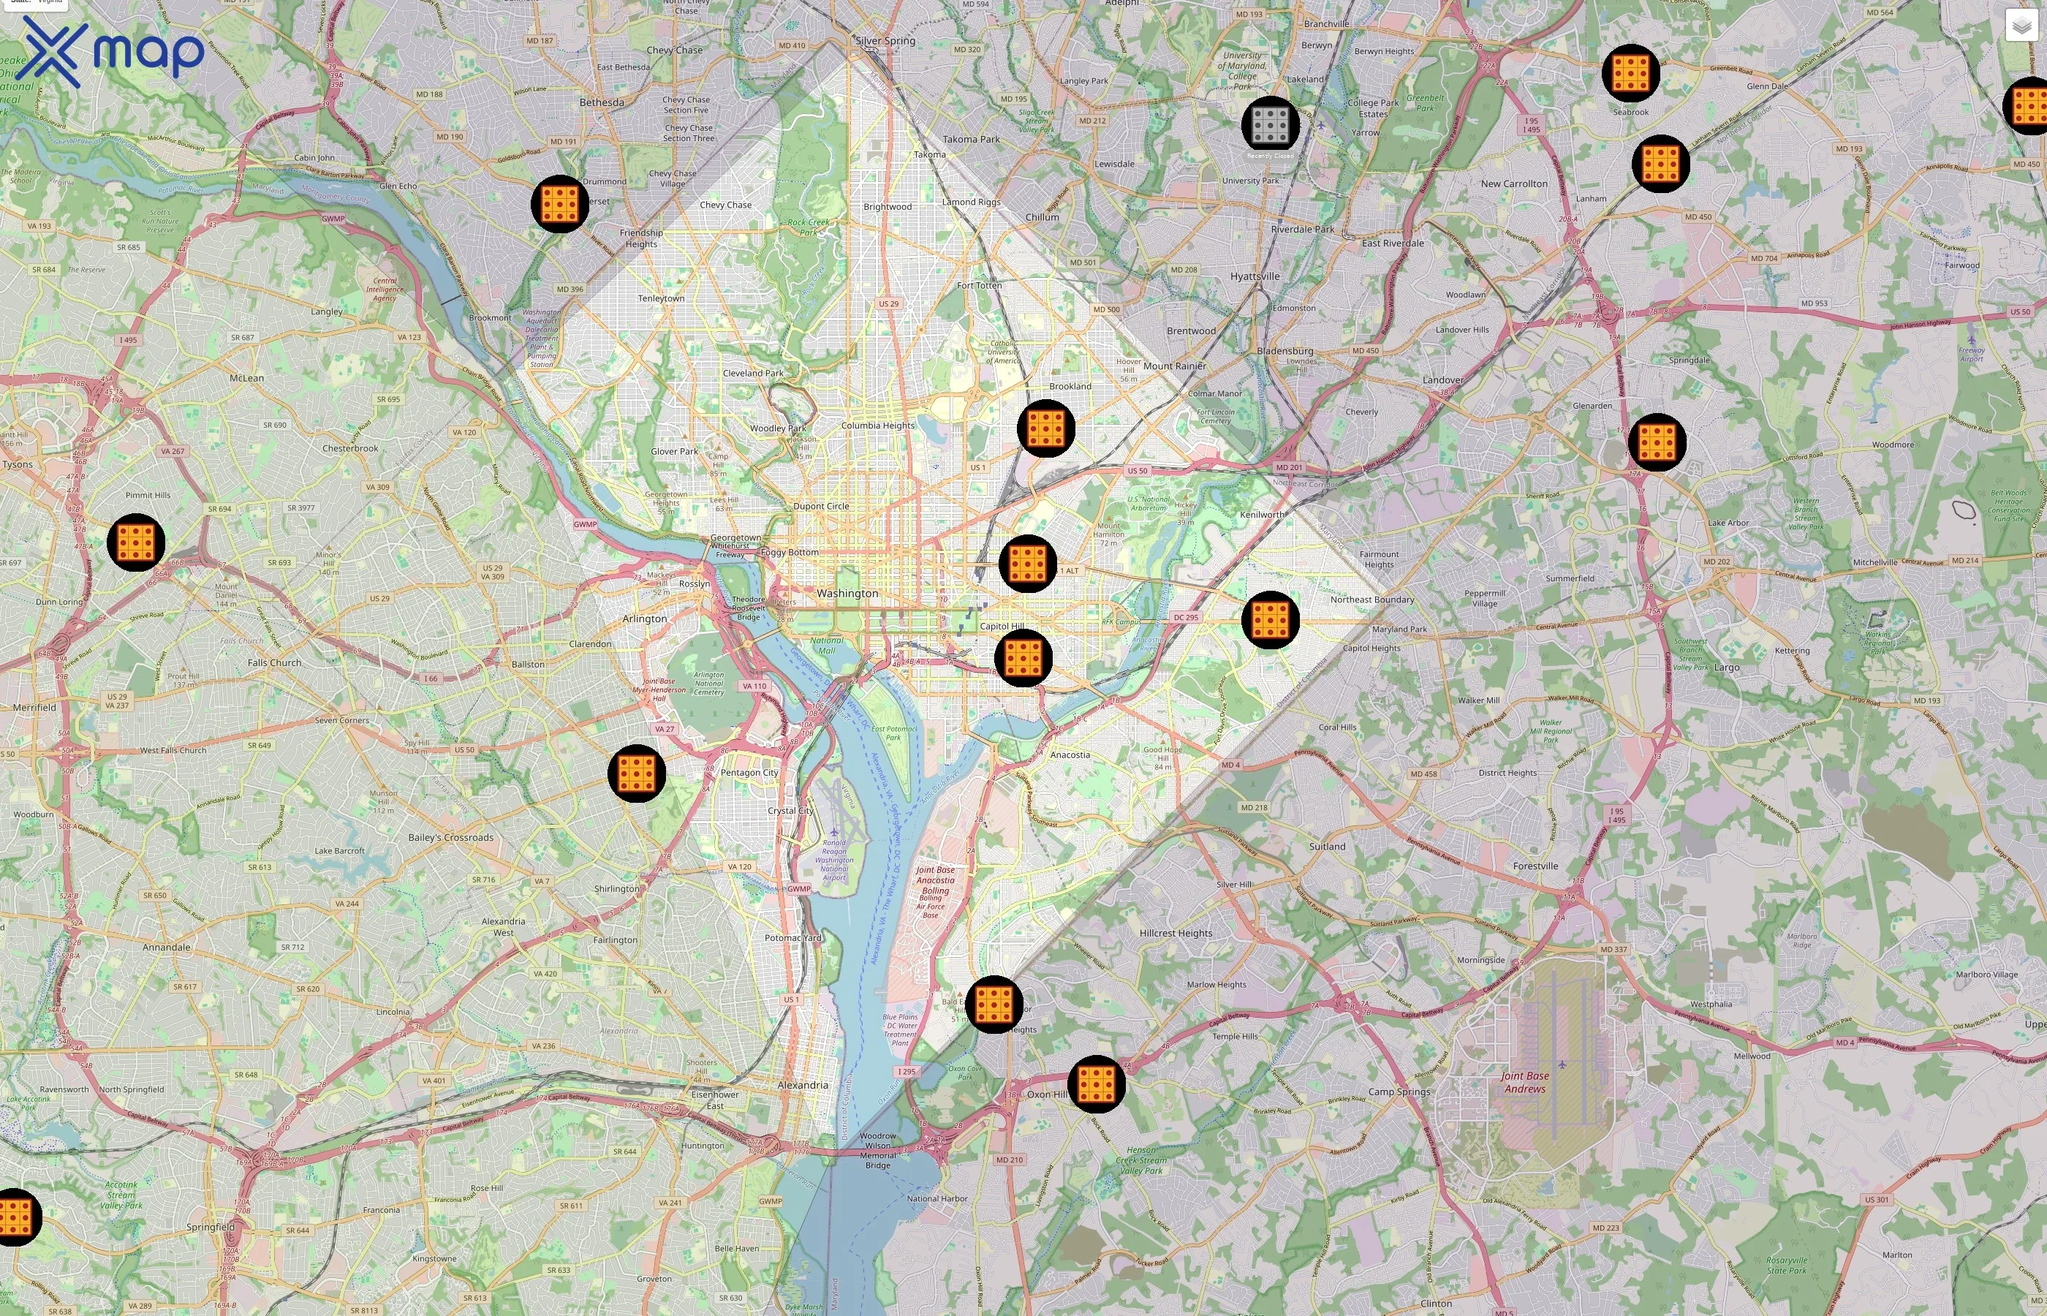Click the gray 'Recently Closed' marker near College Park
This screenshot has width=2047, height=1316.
[1271, 125]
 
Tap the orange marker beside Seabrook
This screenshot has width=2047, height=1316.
[1630, 72]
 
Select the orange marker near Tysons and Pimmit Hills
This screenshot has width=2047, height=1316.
[136, 542]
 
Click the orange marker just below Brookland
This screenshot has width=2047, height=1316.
[1045, 428]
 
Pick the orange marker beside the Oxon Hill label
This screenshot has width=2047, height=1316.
[1096, 1084]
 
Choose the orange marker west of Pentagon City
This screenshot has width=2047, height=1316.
[637, 773]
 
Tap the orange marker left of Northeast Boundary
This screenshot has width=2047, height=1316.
[1270, 619]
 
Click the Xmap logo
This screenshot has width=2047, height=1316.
[111, 51]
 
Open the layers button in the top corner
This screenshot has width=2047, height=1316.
[2021, 26]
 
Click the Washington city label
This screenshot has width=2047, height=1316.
[847, 593]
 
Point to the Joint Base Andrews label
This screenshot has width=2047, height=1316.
[1525, 1082]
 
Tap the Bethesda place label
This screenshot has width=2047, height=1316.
[602, 102]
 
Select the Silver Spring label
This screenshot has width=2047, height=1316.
[885, 41]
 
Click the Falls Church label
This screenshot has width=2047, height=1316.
[274, 662]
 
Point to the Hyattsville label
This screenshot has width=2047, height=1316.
[1255, 276]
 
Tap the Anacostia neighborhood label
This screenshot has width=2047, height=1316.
[1070, 755]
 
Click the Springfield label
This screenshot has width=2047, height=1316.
[210, 1226]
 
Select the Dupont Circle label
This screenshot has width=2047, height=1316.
[821, 506]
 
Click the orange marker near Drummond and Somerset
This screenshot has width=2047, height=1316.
[559, 203]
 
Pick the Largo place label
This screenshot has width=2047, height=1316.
[1726, 668]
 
